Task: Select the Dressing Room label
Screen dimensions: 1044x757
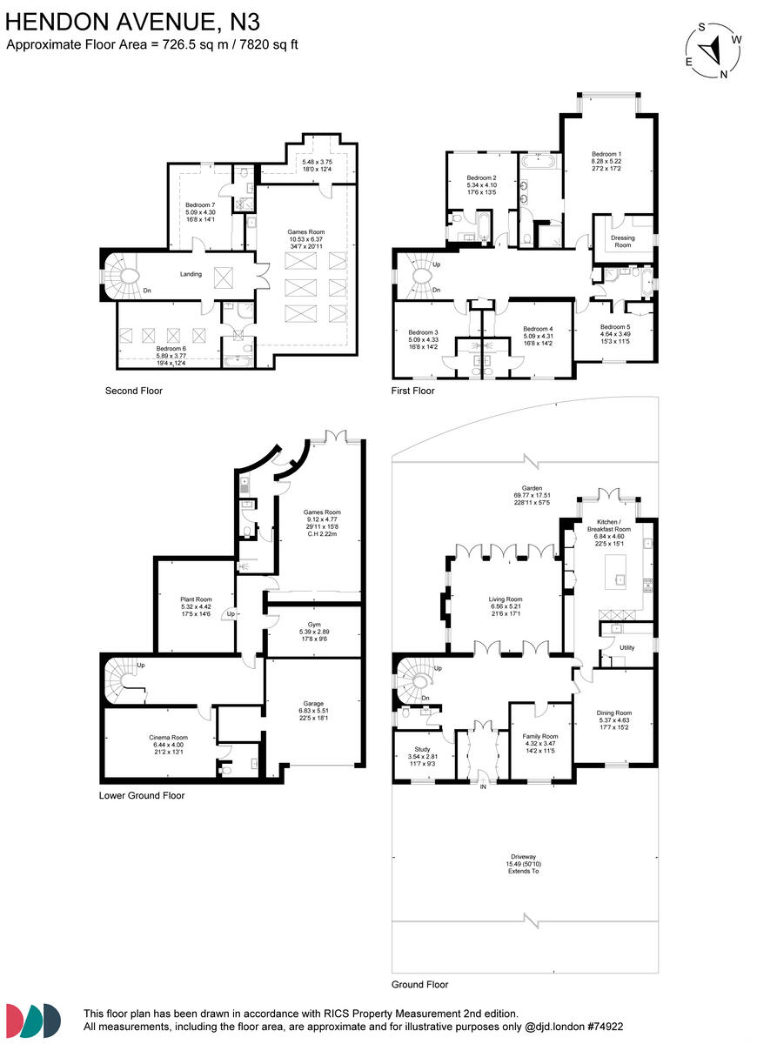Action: click(x=623, y=242)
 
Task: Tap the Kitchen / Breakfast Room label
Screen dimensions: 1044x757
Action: click(x=609, y=530)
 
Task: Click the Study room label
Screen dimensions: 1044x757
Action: click(x=418, y=751)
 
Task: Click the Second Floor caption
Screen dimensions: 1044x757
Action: click(x=133, y=391)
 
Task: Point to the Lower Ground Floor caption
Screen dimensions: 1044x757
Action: click(x=142, y=795)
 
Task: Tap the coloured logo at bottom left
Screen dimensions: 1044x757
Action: click(x=33, y=1019)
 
